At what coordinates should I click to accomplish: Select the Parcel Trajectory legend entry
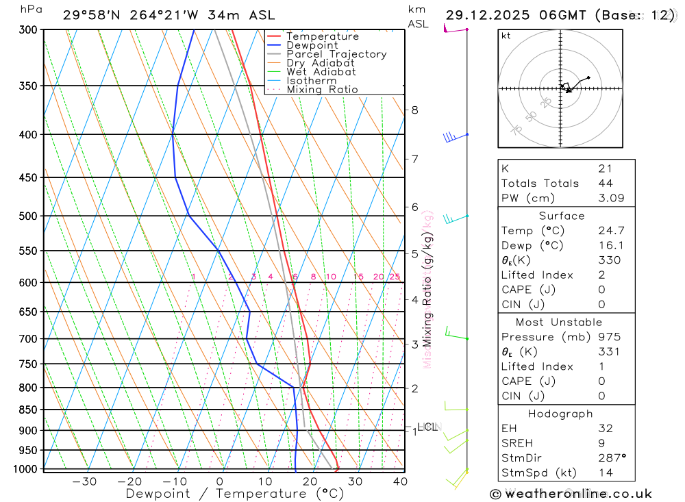point(336,54)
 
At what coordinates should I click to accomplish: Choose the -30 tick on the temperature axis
point(84,481)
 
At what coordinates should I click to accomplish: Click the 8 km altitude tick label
point(414,110)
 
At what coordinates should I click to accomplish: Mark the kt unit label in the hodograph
point(506,36)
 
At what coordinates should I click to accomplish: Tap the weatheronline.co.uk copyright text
point(571,493)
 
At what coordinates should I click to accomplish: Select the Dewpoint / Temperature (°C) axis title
point(235,493)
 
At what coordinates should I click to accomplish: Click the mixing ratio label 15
point(358,277)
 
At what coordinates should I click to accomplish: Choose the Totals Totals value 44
point(606,183)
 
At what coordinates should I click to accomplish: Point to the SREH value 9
point(600,443)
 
